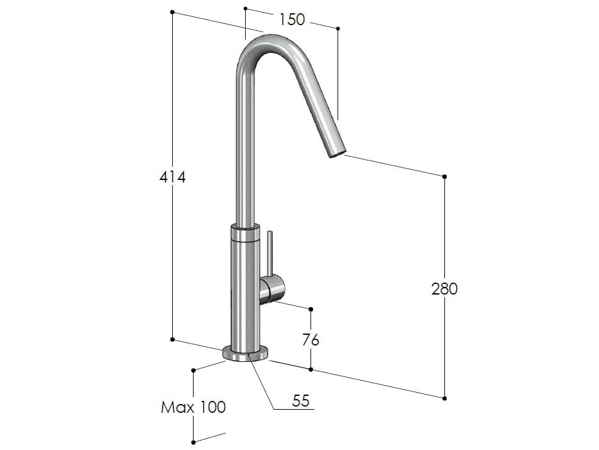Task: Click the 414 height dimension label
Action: pos(172,177)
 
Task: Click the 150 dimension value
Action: pos(292,20)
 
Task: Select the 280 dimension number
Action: pos(444,289)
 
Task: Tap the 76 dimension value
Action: pos(310,340)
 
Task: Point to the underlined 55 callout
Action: pos(302,400)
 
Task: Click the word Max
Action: pos(178,407)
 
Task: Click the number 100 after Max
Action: pos(212,407)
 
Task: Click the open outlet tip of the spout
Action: pos(338,150)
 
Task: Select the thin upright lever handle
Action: pos(270,254)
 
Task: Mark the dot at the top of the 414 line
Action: pos(172,13)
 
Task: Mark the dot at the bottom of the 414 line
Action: pos(172,339)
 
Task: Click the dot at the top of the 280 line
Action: pos(444,177)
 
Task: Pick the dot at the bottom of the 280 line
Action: pos(444,398)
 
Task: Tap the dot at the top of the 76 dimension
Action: pos(311,308)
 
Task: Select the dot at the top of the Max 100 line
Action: pos(194,371)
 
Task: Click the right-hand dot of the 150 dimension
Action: pos(338,28)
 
